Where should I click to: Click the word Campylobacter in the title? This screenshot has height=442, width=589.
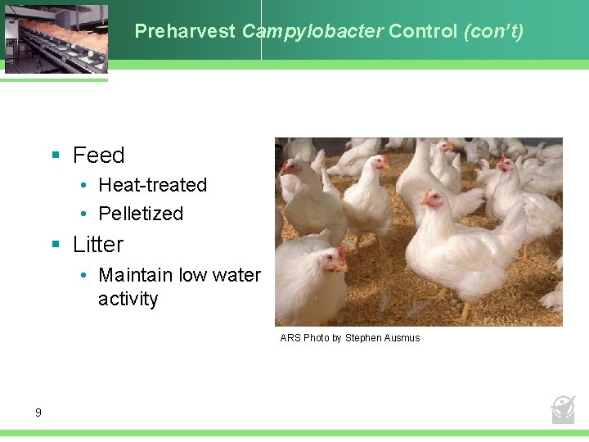pyautogui.click(x=312, y=32)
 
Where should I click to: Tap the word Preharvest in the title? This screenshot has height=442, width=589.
pyautogui.click(x=186, y=32)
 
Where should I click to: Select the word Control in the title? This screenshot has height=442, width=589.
pyautogui.click(x=423, y=32)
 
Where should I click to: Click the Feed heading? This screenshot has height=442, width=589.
pyautogui.click(x=98, y=156)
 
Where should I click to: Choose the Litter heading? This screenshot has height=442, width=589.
pyautogui.click(x=97, y=245)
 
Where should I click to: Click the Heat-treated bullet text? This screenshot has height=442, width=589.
pyautogui.click(x=152, y=185)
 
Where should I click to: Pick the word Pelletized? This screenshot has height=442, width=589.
pyautogui.click(x=141, y=214)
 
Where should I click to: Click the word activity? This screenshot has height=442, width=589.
pyautogui.click(x=128, y=299)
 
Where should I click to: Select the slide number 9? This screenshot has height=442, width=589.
pyautogui.click(x=38, y=413)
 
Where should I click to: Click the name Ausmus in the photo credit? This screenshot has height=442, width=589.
pyautogui.click(x=400, y=338)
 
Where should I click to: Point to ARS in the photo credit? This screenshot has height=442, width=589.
pyautogui.click(x=290, y=338)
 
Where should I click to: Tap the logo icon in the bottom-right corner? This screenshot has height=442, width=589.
pyautogui.click(x=563, y=408)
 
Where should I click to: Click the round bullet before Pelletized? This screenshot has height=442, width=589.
pyautogui.click(x=85, y=214)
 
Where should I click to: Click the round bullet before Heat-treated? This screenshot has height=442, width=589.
pyautogui.click(x=85, y=186)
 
